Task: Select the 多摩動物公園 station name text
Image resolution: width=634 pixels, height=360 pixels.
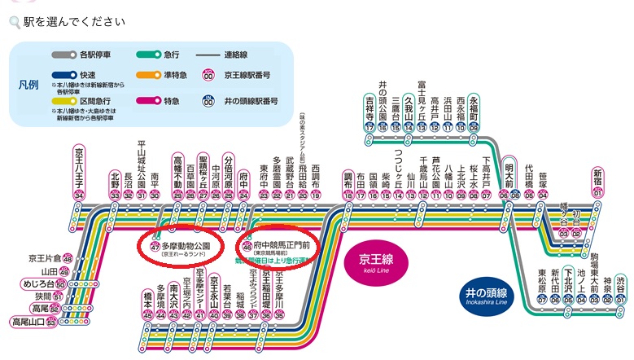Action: coord(188,244)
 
